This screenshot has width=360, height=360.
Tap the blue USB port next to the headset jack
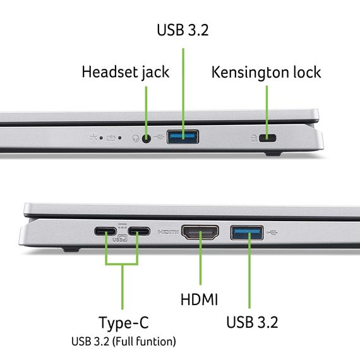pos(183,136)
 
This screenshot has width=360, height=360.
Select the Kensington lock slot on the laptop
pos(270,138)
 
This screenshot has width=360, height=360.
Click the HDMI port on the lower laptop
pos(200,233)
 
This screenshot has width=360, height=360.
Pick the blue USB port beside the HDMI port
pos(247,233)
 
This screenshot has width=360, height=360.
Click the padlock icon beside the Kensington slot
pos(255,138)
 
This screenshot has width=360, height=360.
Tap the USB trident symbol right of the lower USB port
pos(273,232)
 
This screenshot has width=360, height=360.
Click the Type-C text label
pos(124,323)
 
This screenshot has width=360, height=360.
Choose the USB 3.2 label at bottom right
pos(253,322)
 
